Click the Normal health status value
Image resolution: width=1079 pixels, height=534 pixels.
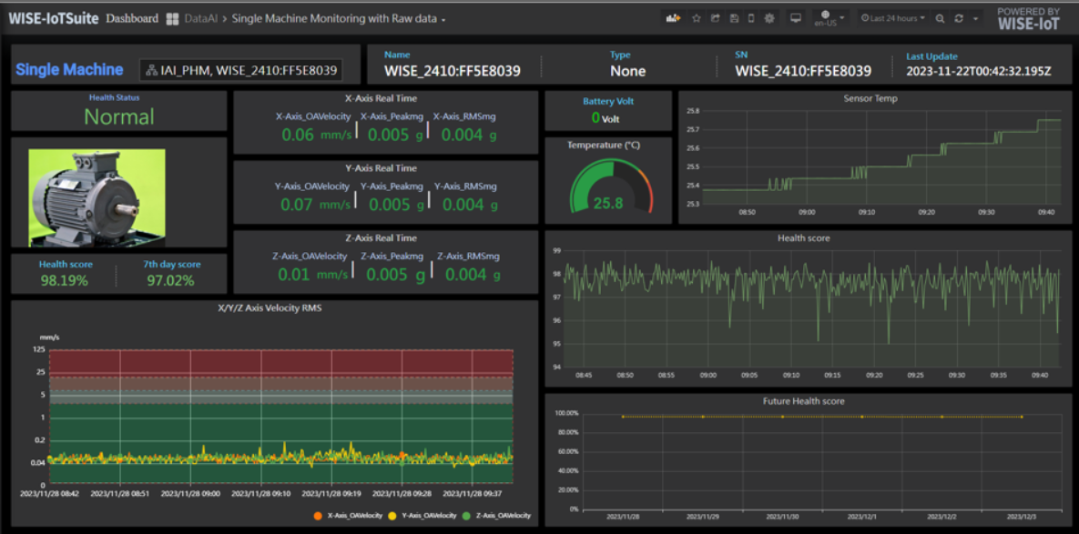point(118,116)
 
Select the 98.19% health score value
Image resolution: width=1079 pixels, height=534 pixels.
point(65,280)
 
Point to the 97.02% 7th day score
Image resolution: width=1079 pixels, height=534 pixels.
point(171,280)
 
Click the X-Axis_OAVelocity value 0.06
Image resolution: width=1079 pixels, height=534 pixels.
point(297,135)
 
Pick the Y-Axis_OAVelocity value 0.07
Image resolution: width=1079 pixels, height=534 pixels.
point(297,205)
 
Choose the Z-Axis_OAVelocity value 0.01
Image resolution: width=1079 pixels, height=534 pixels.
point(294,275)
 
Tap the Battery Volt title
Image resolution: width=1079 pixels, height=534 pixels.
point(608,101)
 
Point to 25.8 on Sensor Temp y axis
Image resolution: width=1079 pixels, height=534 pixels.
point(692,111)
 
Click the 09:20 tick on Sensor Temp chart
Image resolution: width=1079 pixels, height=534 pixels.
point(927,212)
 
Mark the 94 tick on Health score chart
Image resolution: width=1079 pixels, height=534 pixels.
point(557,368)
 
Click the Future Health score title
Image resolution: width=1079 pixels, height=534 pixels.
point(803,401)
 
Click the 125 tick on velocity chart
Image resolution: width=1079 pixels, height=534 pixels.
point(39,348)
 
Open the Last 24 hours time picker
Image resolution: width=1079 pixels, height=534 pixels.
point(893,18)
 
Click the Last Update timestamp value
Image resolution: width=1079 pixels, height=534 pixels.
point(978,71)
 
